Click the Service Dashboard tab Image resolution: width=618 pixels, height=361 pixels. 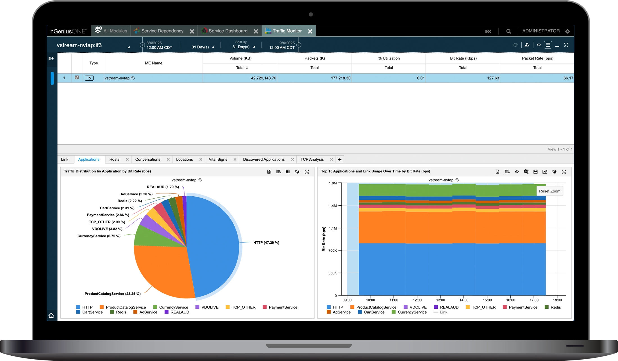pyautogui.click(x=228, y=31)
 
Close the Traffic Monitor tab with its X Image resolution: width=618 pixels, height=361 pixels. pyautogui.click(x=310, y=31)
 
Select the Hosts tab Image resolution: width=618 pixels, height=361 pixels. pyautogui.click(x=114, y=160)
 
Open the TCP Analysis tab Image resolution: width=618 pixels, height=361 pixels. pyautogui.click(x=312, y=160)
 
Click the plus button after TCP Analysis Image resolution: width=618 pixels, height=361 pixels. pyautogui.click(x=340, y=160)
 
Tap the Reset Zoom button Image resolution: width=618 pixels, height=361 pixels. pyautogui.click(x=549, y=191)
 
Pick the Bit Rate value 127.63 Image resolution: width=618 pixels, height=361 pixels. pyautogui.click(x=493, y=78)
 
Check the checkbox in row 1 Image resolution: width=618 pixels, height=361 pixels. pyautogui.click(x=77, y=78)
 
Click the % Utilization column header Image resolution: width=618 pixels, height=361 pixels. pyautogui.click(x=388, y=58)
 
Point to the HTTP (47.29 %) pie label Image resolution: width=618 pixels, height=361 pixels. pyautogui.click(x=266, y=243)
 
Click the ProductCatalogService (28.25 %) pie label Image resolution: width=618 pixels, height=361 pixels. pyautogui.click(x=112, y=294)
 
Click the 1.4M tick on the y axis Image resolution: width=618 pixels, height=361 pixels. pyautogui.click(x=333, y=206)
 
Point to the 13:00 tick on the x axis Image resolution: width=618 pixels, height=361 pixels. pyautogui.click(x=440, y=300)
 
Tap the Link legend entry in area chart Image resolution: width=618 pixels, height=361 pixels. pyautogui.click(x=443, y=312)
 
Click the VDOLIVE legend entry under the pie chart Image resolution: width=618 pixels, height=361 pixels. pyautogui.click(x=210, y=307)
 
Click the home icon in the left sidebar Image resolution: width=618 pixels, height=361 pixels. pyautogui.click(x=51, y=315)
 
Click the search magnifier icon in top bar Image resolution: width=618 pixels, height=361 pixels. pyautogui.click(x=508, y=31)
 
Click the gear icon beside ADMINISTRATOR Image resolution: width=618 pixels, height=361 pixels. pyautogui.click(x=567, y=31)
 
